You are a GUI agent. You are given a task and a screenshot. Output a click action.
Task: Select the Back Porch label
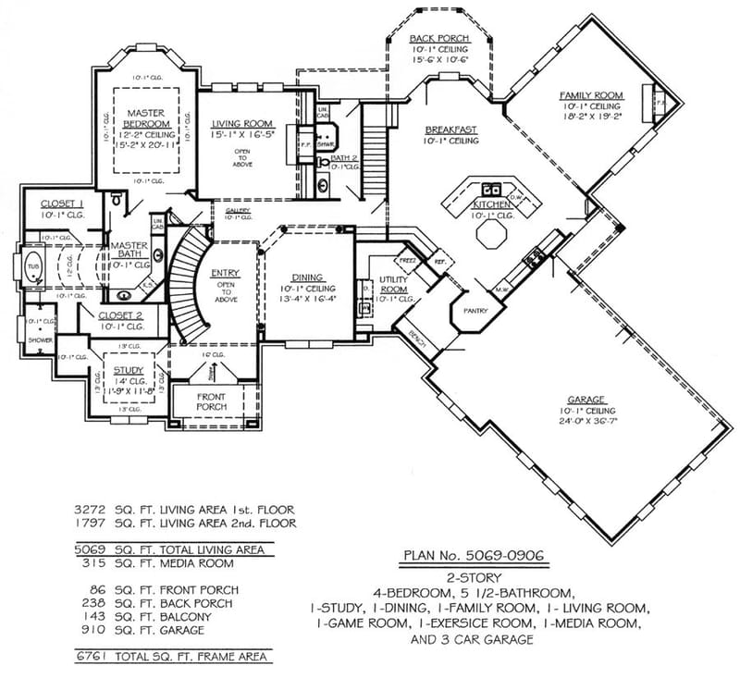click(439, 38)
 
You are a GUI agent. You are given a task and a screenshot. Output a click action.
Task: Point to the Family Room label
click(592, 95)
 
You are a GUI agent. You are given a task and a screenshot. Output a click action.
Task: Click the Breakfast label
click(450, 129)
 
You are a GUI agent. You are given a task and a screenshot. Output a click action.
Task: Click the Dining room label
click(308, 277)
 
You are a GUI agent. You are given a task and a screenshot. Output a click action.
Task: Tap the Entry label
click(225, 274)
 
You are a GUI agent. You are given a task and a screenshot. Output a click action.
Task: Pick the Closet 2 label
click(121, 315)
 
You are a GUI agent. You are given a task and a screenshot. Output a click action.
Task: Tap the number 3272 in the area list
click(92, 509)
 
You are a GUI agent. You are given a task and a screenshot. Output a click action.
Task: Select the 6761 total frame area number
click(92, 657)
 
